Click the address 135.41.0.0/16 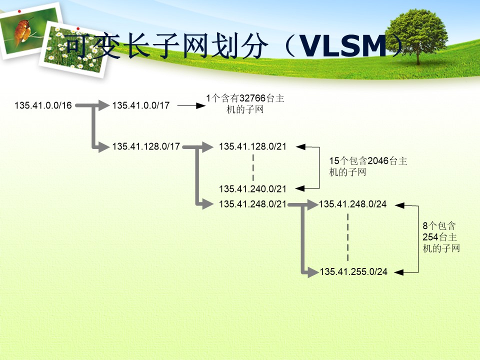tap(43, 105)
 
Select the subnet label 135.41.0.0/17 tap(141, 105)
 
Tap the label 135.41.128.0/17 tap(146, 146)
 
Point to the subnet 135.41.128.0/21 tap(252, 146)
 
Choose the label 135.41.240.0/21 tap(252, 189)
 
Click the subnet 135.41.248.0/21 tap(252, 204)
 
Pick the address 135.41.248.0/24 tap(352, 204)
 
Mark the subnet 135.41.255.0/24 tap(353, 272)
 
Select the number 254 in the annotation tap(430, 237)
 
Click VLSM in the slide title tap(342, 46)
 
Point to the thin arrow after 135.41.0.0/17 tap(191, 105)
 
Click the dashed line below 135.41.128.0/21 tap(253, 168)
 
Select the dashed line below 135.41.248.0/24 tap(348, 237)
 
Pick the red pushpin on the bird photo tap(19, 11)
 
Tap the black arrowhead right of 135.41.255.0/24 tap(399, 272)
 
